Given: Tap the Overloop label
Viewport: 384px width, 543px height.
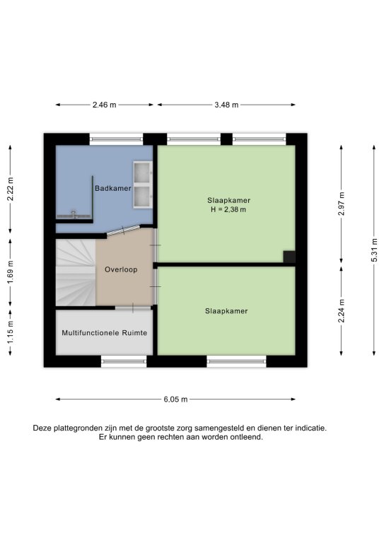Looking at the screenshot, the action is coord(121,269).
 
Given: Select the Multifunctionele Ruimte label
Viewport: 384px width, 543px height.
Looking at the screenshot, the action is coord(105,333).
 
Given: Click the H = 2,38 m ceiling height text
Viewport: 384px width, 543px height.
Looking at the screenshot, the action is coord(228,209).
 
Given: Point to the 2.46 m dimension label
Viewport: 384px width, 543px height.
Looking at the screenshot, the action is coord(104,105).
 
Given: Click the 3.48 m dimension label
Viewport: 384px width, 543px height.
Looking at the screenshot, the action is coord(226,105).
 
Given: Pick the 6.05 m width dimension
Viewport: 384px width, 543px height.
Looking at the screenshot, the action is coord(175,399).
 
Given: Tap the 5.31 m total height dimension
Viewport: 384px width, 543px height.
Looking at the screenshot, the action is coord(374,250).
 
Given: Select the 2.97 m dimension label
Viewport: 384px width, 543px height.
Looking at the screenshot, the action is coord(342,204).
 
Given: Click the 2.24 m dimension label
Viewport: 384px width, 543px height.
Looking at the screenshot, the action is coord(342,310).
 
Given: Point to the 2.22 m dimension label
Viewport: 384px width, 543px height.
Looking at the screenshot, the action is coord(11,189).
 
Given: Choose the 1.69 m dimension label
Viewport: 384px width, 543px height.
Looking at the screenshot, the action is coord(11,272).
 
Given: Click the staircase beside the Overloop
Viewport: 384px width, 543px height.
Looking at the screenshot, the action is coord(76,272).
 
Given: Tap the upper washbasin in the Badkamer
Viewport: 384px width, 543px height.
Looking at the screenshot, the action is coord(143,173).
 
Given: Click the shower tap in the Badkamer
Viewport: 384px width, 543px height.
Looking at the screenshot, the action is coord(74,214).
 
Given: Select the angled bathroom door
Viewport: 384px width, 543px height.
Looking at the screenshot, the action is coord(123,230).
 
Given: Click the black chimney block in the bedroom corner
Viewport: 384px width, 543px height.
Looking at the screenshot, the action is coord(289,257).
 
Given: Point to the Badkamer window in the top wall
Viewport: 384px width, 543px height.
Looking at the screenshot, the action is coord(117,139).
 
